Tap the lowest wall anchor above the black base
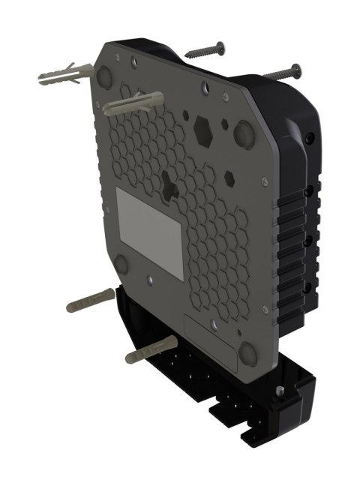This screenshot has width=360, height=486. pyautogui.click(x=151, y=351)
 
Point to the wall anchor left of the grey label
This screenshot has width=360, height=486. pyautogui.click(x=90, y=302)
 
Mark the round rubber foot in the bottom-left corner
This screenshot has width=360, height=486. pyautogui.click(x=121, y=263)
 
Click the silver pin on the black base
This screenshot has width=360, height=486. pyautogui.click(x=279, y=391)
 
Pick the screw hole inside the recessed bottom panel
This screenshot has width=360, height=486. pyautogui.click(x=214, y=325)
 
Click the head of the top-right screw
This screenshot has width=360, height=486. pyautogui.click(x=296, y=70)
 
